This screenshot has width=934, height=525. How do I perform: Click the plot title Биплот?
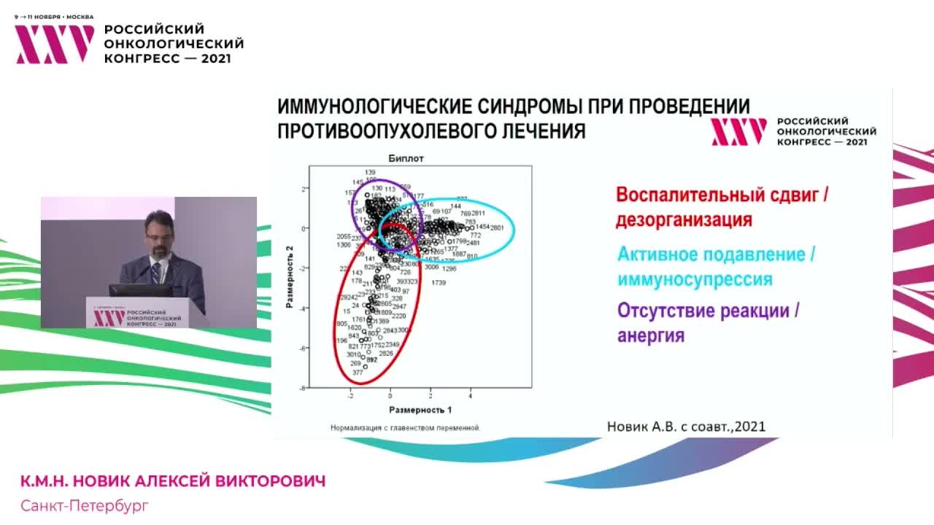click(x=406, y=158)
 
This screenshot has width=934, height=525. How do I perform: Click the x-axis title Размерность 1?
click(x=420, y=410)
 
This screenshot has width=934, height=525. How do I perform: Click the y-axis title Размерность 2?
click(x=290, y=276)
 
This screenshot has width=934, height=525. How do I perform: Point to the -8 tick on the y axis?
click(x=303, y=388)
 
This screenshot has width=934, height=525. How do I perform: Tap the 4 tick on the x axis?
click(x=470, y=396)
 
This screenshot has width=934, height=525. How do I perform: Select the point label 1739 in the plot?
click(x=439, y=282)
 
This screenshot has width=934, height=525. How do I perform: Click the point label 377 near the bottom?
click(x=358, y=373)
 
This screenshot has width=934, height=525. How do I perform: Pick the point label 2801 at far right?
click(x=497, y=228)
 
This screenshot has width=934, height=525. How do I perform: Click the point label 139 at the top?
click(x=370, y=172)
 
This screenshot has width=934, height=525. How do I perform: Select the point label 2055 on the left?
click(x=343, y=237)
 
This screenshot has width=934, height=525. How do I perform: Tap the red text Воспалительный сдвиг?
click(x=722, y=195)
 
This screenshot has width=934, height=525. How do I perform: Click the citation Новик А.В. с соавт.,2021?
click(x=686, y=427)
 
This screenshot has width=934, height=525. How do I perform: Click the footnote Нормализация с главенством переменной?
click(x=405, y=428)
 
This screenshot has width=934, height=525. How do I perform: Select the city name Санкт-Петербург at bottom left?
click(x=84, y=505)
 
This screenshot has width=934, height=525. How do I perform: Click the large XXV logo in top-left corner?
click(x=55, y=44)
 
